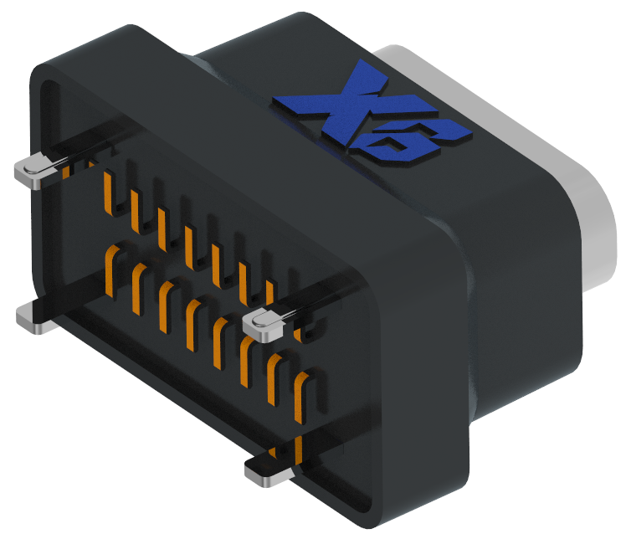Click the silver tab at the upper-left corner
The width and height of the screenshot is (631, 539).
tap(34, 172)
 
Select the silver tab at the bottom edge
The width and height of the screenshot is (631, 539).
tap(267, 471)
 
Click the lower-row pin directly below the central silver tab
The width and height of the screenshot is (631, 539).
tap(246, 360)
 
